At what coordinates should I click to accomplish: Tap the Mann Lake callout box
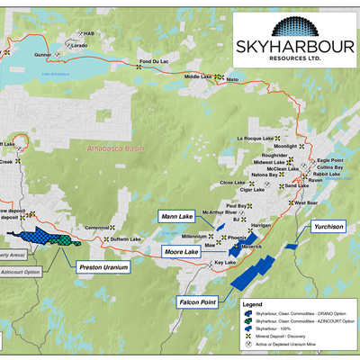click(176, 216)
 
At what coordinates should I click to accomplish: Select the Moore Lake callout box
click(179, 253)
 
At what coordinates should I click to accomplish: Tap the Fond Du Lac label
click(152, 61)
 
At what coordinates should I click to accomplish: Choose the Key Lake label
click(230, 263)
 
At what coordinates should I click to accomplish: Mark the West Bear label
click(307, 203)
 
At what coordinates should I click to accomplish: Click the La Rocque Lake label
click(254, 139)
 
